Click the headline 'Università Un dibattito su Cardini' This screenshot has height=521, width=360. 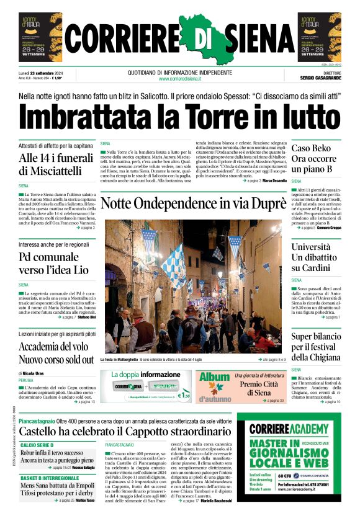(x=315, y=257)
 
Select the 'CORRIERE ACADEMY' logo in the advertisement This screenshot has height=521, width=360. (x=289, y=429)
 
